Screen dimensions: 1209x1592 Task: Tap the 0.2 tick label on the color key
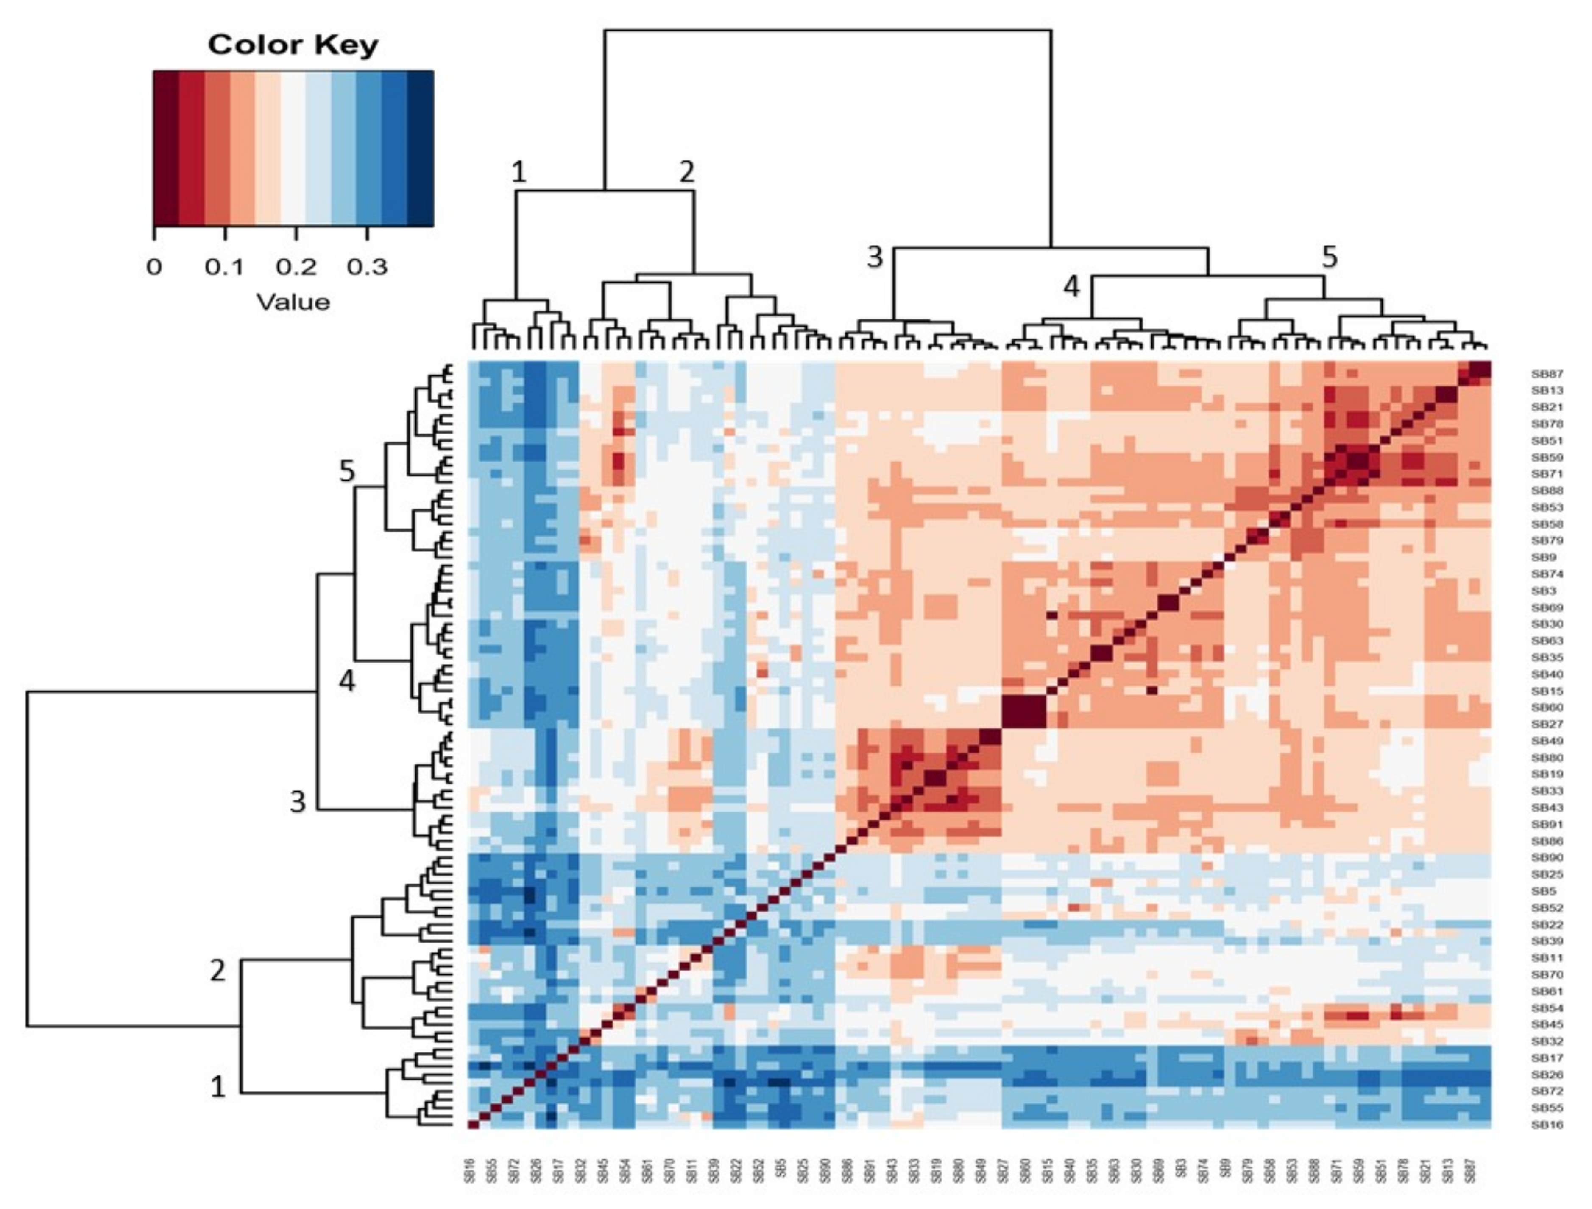296,268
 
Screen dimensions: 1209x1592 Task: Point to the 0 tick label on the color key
153,268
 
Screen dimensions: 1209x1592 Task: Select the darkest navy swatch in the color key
420,148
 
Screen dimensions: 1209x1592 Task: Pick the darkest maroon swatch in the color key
166,148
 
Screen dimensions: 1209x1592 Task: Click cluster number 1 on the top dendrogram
518,172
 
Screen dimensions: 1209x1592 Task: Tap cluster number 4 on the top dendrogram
1072,287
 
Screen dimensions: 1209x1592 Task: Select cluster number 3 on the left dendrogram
297,801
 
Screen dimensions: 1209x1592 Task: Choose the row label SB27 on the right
1547,725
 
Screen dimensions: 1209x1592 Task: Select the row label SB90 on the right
1547,858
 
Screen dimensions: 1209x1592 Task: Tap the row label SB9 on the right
1544,557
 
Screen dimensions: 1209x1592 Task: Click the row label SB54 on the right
1547,1008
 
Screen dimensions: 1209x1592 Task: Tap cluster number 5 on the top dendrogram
1329,256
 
